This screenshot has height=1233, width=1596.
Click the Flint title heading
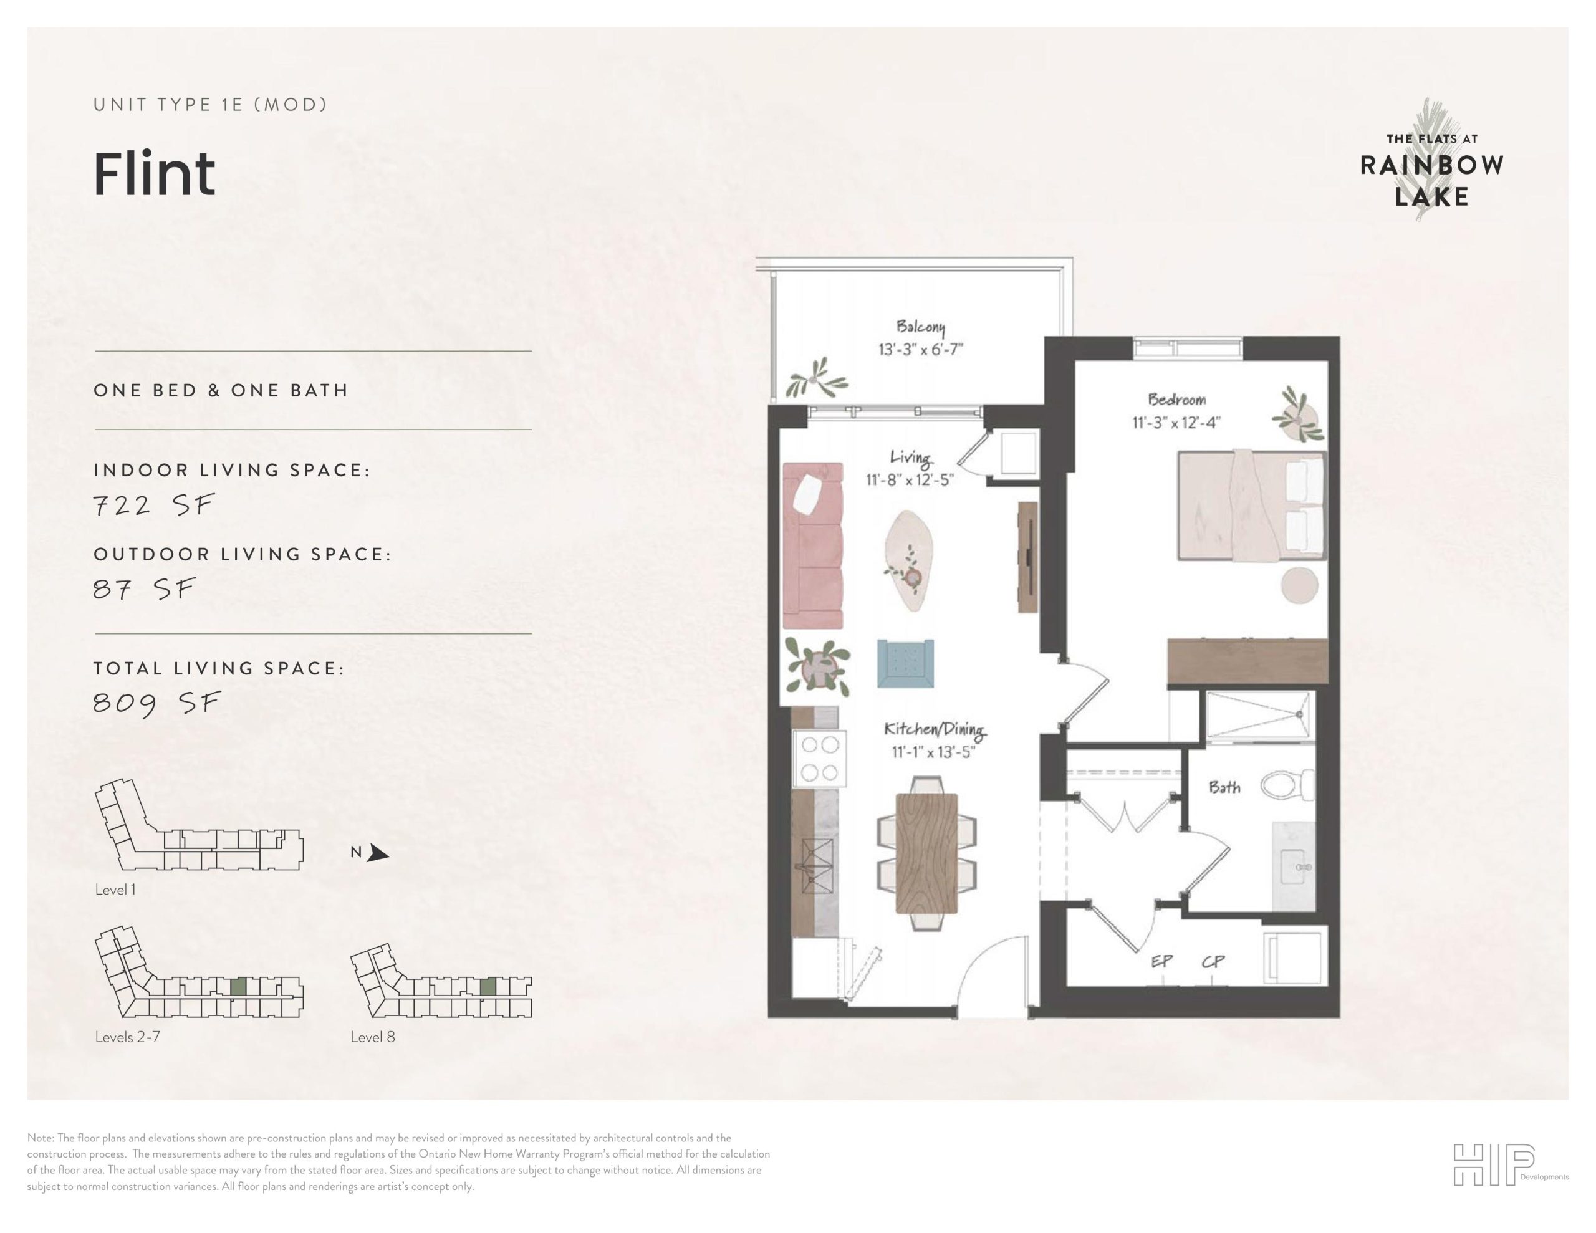[154, 174]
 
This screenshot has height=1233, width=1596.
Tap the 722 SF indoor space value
[153, 505]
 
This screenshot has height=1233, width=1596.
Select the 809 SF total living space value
[156, 704]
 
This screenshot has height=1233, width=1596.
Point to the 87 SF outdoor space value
[145, 589]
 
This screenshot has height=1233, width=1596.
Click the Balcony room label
[920, 327]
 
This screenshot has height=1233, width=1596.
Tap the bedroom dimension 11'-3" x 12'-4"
[1176, 423]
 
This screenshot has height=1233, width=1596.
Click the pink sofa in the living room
[812, 545]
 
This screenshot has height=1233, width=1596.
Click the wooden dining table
[926, 853]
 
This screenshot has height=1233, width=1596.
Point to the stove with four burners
[819, 759]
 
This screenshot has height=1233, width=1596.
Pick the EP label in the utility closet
[1162, 962]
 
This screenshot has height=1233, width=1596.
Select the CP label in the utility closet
[1213, 962]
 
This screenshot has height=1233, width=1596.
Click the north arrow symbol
[377, 853]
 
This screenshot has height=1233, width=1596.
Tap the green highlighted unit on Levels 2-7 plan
[238, 987]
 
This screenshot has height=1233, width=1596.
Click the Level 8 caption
[373, 1037]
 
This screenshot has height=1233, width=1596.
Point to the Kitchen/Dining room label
[935, 729]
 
